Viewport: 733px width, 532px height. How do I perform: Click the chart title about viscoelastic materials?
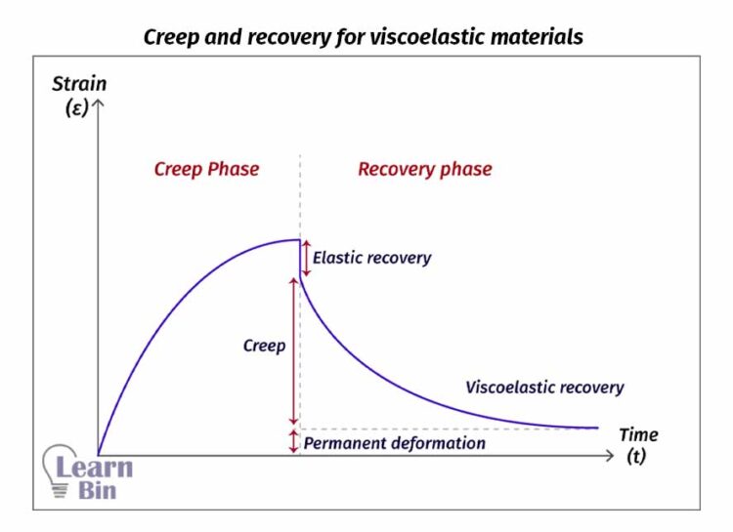pos(364,37)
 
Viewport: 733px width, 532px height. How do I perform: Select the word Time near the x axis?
pos(638,434)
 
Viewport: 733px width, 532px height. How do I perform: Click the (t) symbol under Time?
pos(636,457)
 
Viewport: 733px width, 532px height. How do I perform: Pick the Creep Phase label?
pos(206,169)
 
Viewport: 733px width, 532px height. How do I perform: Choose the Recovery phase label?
pos(424,169)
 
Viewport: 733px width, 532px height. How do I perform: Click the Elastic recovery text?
pos(371,259)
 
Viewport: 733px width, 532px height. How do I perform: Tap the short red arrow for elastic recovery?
pos(305,257)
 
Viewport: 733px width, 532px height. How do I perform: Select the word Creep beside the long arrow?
pos(264,346)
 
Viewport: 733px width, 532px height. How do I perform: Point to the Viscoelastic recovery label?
pos(544,388)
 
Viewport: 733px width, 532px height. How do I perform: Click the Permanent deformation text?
pos(395,443)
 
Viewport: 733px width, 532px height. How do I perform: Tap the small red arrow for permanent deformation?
pos(293,441)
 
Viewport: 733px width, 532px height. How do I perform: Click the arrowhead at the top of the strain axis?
pos(98,102)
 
